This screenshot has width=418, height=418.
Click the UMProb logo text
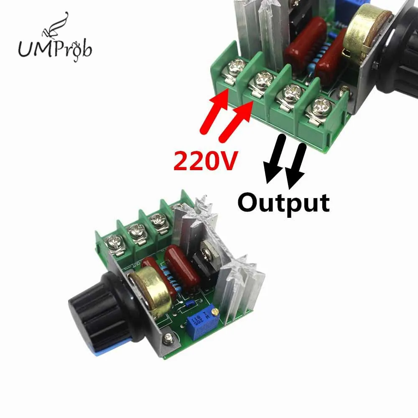pyautogui.click(x=54, y=49)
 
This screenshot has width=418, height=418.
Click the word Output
pyautogui.click(x=283, y=202)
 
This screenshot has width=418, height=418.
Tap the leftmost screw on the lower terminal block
pyautogui.click(x=114, y=242)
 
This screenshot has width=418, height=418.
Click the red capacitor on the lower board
pyautogui.click(x=176, y=265)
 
